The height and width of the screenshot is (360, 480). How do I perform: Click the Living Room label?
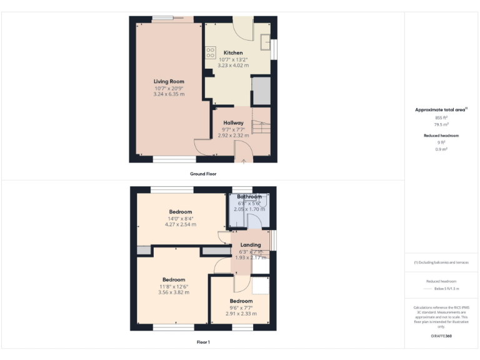169,81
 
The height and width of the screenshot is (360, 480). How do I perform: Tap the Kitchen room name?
233,52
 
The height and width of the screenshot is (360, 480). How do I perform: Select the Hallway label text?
233,122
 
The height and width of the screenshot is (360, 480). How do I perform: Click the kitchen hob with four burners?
210,53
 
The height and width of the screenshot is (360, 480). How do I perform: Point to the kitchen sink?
266,44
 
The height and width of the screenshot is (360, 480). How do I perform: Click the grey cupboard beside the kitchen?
260,91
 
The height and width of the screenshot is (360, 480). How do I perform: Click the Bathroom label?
249,196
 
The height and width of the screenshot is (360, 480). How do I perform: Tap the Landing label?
251,244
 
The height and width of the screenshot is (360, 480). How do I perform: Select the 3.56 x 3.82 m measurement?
174,292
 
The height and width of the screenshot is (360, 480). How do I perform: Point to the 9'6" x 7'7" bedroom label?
241,307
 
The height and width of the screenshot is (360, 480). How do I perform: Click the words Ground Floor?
203,174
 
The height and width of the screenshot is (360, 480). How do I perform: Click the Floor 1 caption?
203,342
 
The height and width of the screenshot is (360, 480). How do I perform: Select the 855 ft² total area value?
441,117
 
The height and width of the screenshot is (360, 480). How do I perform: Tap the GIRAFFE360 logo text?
441,336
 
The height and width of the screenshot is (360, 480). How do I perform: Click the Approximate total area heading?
441,109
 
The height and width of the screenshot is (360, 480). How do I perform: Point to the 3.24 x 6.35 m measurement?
169,94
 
